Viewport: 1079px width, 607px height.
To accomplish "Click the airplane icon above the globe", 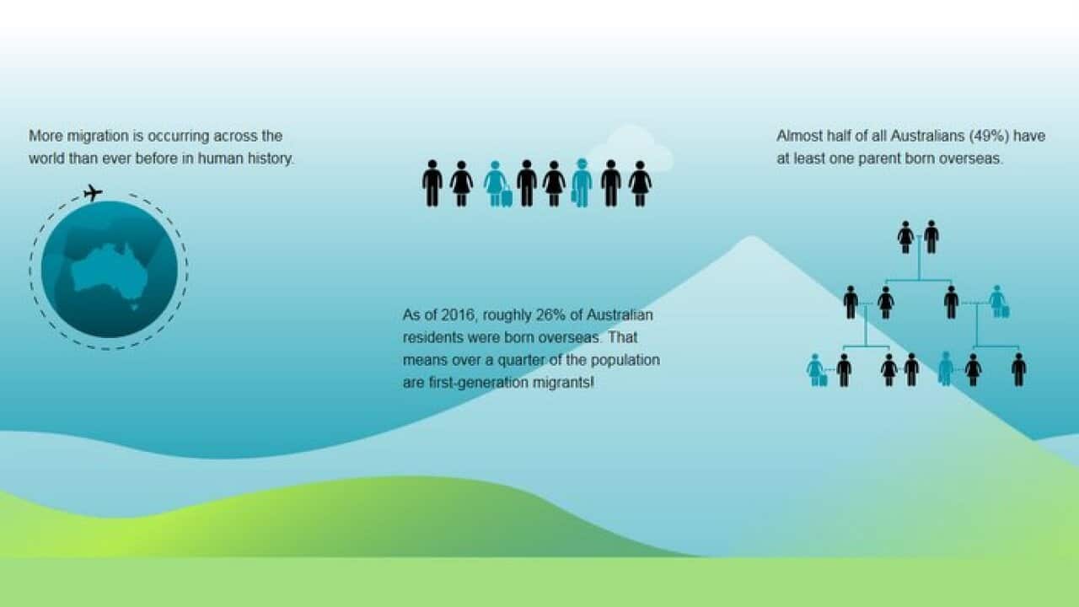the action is pyautogui.click(x=93, y=193).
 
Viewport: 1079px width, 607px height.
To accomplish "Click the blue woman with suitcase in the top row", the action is pyautogui.click(x=497, y=184).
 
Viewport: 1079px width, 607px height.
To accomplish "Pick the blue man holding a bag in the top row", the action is pyautogui.click(x=581, y=183).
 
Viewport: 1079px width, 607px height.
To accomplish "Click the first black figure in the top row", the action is pyautogui.click(x=432, y=184).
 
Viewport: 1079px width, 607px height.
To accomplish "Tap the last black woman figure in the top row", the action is pyautogui.click(x=640, y=184).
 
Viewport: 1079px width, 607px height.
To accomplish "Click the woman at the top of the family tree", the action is pyautogui.click(x=905, y=237).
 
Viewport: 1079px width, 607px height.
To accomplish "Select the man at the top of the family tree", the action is pyautogui.click(x=931, y=237).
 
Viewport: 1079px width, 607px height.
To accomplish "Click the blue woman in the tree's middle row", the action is pyautogui.click(x=999, y=302).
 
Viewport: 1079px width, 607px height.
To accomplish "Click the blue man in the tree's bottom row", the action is pyautogui.click(x=945, y=369).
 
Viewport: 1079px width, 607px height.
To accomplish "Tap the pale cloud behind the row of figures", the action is pyautogui.click(x=631, y=149).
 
